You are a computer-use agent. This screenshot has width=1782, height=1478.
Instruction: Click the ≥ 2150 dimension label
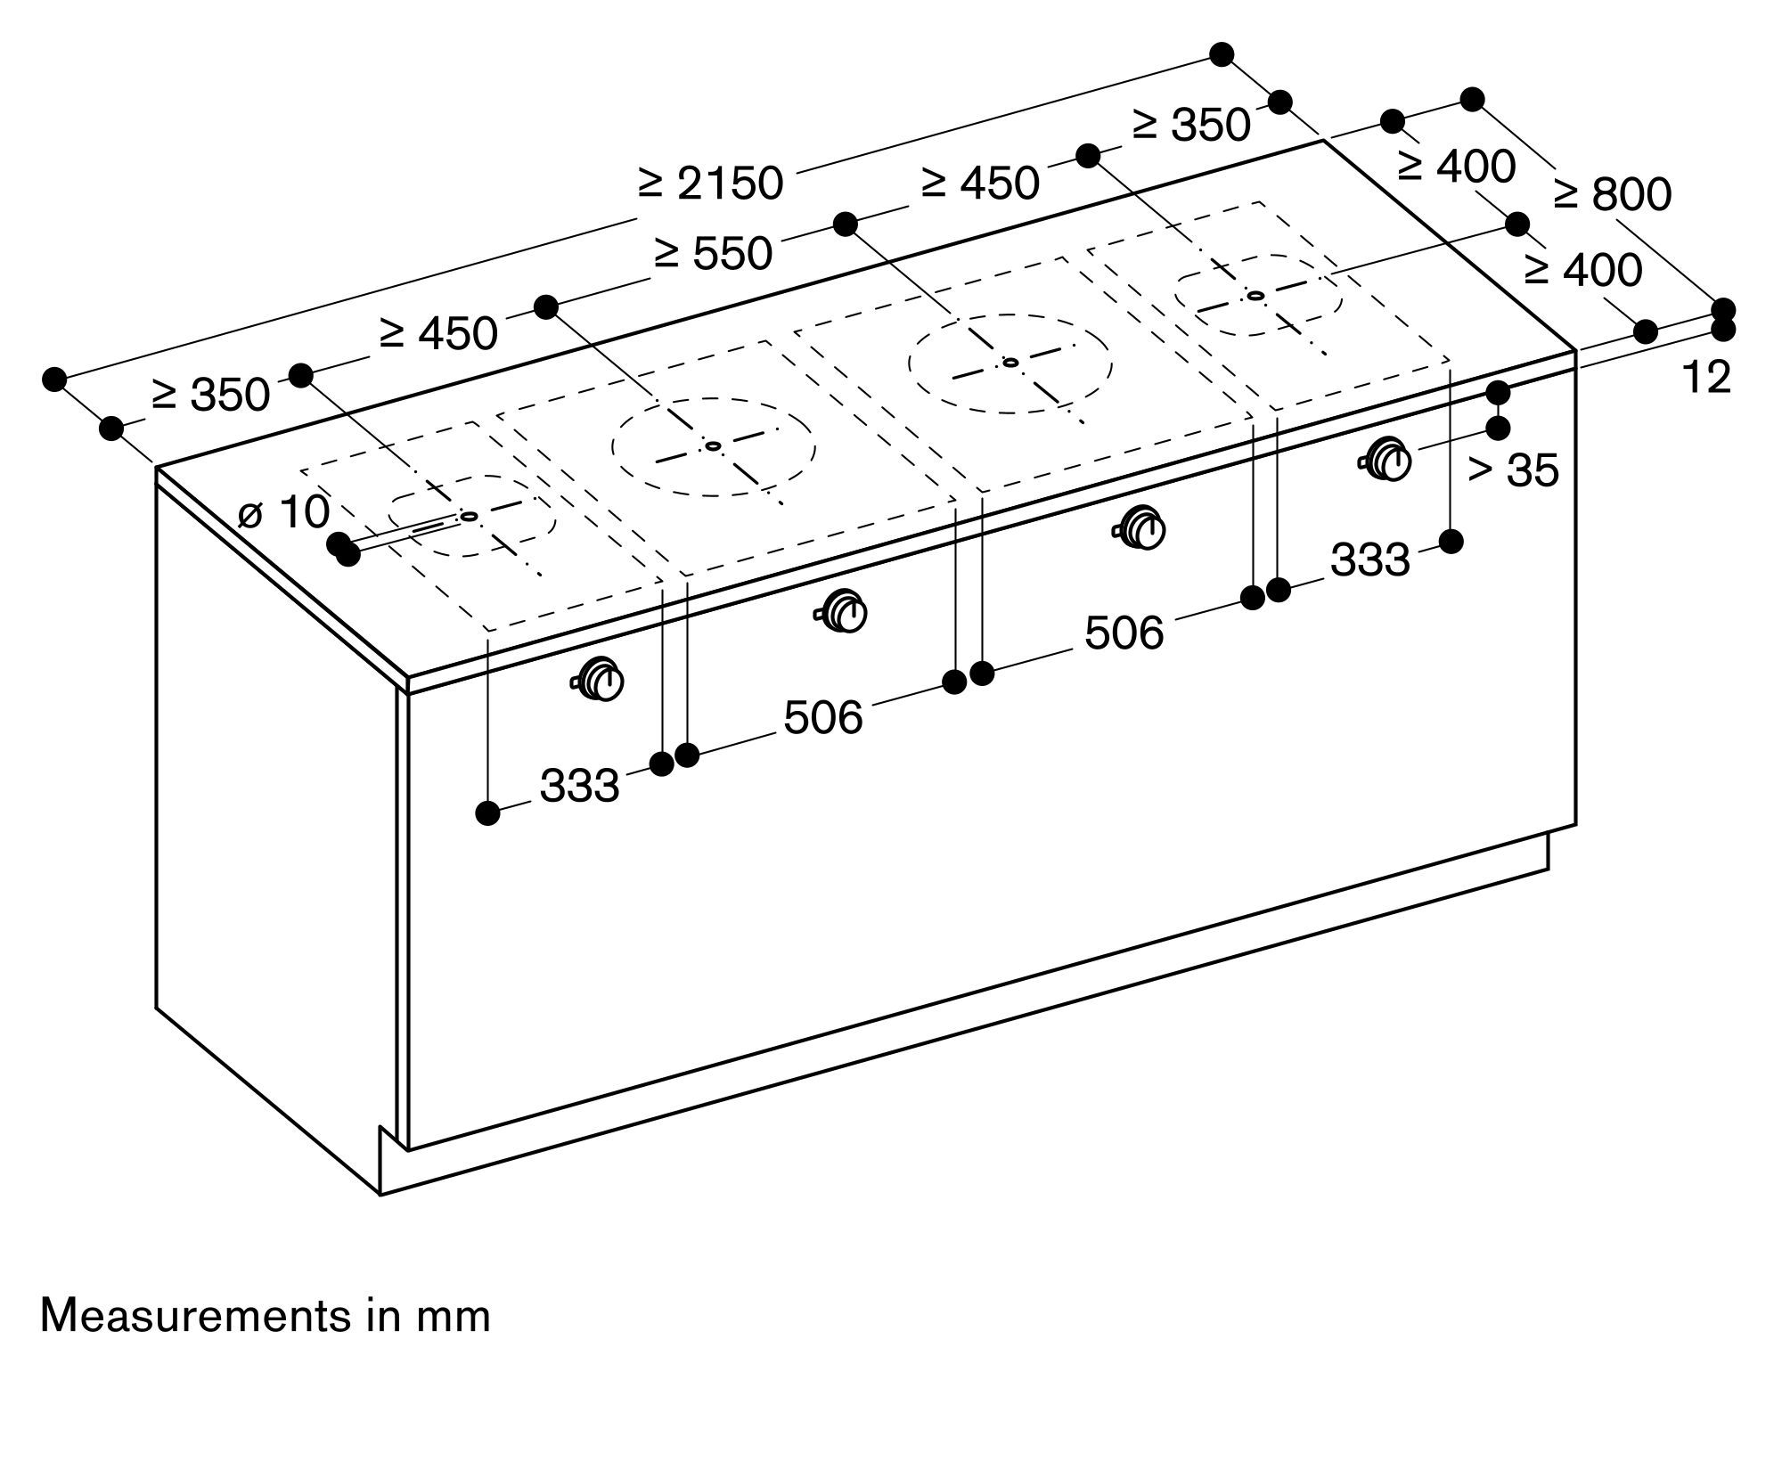[x=710, y=184]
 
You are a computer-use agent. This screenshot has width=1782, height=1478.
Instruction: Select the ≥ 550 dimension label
[x=713, y=254]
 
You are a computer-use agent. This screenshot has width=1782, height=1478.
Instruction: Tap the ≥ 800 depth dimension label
[x=1612, y=193]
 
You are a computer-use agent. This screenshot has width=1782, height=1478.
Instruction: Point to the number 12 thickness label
[x=1706, y=377]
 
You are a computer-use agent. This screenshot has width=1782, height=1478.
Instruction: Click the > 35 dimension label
[x=1513, y=470]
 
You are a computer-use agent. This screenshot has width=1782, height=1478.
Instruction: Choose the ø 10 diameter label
[x=284, y=511]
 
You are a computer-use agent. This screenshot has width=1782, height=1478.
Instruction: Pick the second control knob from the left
[x=842, y=612]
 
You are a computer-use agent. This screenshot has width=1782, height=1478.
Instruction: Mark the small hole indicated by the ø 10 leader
[x=469, y=516]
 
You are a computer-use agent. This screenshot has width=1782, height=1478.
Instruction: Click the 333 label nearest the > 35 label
[x=1370, y=559]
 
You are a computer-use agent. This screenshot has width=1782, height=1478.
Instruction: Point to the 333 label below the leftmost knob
[x=579, y=786]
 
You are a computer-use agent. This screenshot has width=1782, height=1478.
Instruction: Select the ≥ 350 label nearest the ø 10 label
[x=210, y=395]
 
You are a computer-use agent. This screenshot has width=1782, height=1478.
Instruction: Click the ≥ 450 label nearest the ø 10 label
[x=438, y=334]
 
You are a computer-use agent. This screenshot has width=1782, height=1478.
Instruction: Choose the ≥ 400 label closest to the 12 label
[x=1583, y=270]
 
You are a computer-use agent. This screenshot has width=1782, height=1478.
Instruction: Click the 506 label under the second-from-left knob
[x=823, y=717]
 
